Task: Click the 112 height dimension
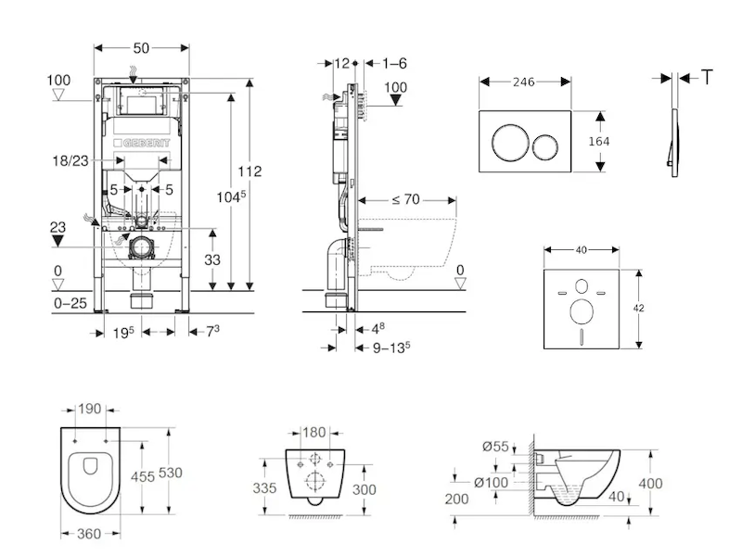(x=249, y=171)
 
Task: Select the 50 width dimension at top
(x=141, y=45)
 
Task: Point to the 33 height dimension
(x=211, y=260)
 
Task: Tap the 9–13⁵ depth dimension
(x=389, y=348)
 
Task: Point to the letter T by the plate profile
(x=708, y=77)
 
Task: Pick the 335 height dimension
(x=265, y=487)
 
